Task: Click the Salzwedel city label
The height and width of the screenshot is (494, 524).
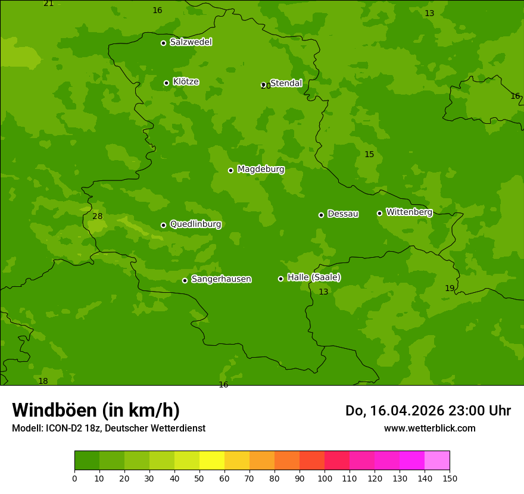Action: [191, 42]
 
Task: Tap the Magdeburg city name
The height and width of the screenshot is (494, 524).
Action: [261, 170]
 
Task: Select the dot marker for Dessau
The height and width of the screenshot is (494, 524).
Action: [321, 215]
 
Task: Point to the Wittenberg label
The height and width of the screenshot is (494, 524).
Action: [409, 212]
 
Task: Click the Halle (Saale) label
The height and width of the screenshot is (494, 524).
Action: [314, 277]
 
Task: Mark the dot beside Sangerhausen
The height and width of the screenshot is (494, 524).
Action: [185, 280]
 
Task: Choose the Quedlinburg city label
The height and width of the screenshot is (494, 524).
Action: [195, 224]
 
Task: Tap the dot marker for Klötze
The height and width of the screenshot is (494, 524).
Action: [166, 83]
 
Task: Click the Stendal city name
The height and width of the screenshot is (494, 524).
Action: [286, 83]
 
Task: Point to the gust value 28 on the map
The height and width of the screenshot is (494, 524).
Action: [98, 217]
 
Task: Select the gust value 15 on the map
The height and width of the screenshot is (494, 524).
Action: [369, 155]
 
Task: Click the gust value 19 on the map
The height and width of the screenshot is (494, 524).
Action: [450, 289]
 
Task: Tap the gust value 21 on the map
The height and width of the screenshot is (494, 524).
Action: [48, 4]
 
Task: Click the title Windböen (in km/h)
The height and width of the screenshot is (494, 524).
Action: [96, 410]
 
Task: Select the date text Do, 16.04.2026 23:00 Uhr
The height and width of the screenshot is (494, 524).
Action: [428, 411]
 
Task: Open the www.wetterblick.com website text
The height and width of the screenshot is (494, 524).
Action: [429, 428]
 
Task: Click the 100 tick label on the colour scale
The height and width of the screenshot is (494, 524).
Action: [325, 478]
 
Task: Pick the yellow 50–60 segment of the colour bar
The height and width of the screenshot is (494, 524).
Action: [211, 461]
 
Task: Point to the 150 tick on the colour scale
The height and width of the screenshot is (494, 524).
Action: [450, 478]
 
